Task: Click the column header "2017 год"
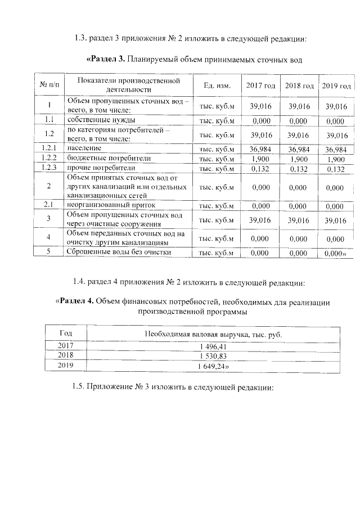pos(261,86)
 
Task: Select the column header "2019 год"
pos(336,86)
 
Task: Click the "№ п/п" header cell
pos(49,85)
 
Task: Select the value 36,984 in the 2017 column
pos(261,149)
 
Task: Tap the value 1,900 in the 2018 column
pos(299,159)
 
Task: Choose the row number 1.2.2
pos(49,159)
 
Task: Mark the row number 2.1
pos(49,205)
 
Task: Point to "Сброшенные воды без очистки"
pos(119,252)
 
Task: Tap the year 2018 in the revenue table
pos(66,356)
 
